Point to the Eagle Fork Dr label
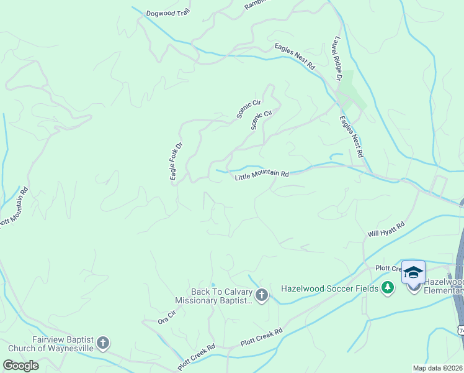point(176,162)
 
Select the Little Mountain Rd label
point(262,176)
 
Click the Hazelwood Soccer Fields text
point(329,288)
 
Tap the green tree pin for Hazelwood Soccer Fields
point(388,287)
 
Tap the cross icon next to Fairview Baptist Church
point(103,343)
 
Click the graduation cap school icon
point(413,272)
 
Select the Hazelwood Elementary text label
point(444,286)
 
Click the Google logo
point(21,365)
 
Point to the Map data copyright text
point(438,368)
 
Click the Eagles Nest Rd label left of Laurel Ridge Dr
point(295,56)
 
